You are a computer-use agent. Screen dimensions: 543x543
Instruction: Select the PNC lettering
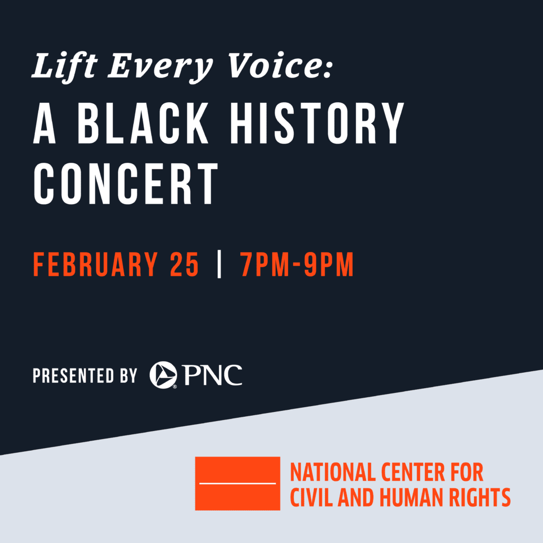point(213,375)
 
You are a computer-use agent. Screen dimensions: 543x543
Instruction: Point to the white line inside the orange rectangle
point(237,484)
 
